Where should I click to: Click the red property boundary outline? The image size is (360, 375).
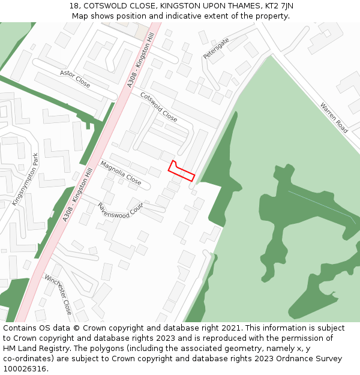[181, 171]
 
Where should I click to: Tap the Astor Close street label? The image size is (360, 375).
[75, 79]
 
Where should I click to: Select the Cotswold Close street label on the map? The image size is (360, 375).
[158, 107]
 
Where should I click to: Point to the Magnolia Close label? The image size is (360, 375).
[121, 173]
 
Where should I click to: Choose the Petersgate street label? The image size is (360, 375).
[216, 48]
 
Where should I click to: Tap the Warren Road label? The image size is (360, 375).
[334, 118]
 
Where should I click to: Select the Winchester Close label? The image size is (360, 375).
[58, 294]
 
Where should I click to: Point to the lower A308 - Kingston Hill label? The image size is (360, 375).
[78, 194]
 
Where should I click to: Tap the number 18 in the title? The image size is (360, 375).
[74, 6]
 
